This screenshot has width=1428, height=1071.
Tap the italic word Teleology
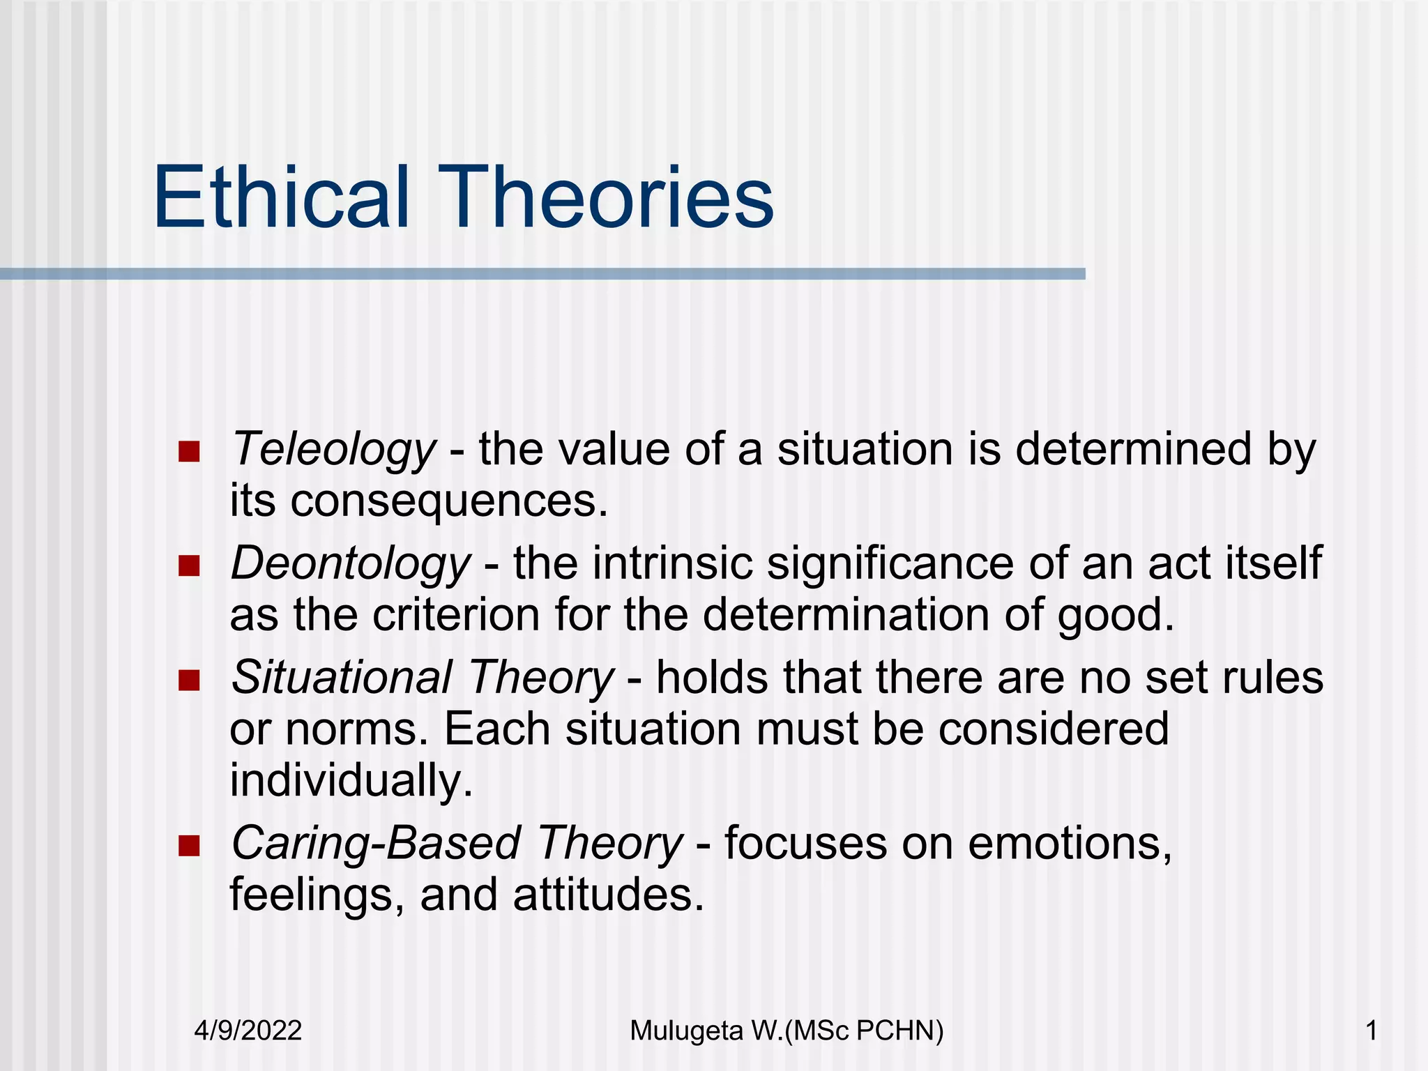333,449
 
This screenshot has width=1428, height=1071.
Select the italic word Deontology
351,563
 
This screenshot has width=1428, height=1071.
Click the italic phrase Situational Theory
422,678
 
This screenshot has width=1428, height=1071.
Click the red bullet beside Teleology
189,452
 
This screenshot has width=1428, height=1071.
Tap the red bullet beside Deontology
189,566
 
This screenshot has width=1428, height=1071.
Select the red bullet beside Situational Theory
189,680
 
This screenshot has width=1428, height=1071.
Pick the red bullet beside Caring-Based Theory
189,846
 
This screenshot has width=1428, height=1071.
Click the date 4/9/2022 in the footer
248,1031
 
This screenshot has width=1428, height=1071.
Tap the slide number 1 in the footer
1372,1031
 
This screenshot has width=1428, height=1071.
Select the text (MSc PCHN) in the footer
864,1031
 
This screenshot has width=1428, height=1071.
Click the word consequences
449,502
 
